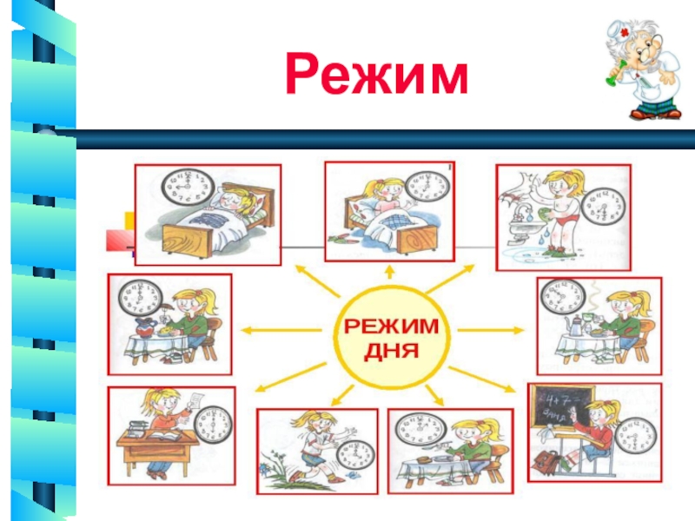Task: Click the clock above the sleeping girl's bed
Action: point(188,186)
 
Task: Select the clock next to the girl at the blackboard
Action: point(639,430)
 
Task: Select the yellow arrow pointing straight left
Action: point(261,330)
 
